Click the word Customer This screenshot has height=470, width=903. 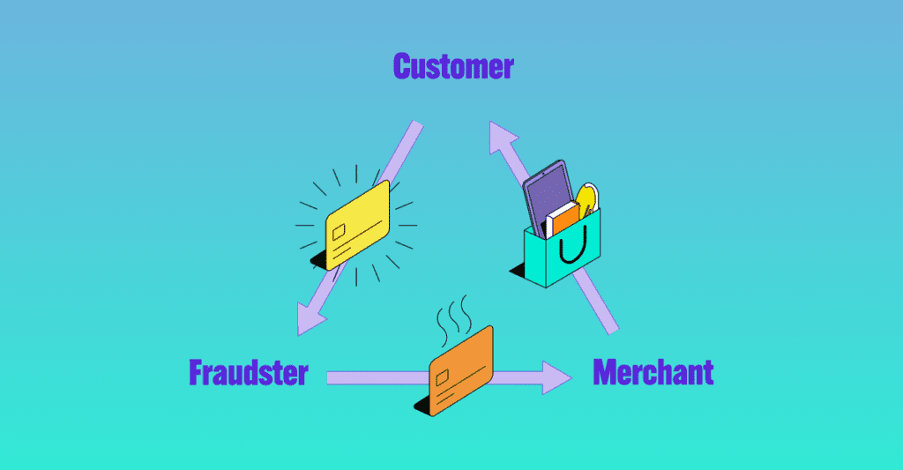[x=452, y=67]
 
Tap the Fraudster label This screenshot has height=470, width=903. [x=248, y=373]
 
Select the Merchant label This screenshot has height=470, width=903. [x=653, y=373]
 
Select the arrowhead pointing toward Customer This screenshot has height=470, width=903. [x=504, y=137]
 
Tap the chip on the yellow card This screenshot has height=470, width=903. [x=338, y=231]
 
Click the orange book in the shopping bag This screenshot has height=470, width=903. [x=565, y=217]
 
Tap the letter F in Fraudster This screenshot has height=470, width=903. [x=197, y=373]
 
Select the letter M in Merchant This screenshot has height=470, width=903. [x=605, y=373]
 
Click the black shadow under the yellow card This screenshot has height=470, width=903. [x=319, y=261]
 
